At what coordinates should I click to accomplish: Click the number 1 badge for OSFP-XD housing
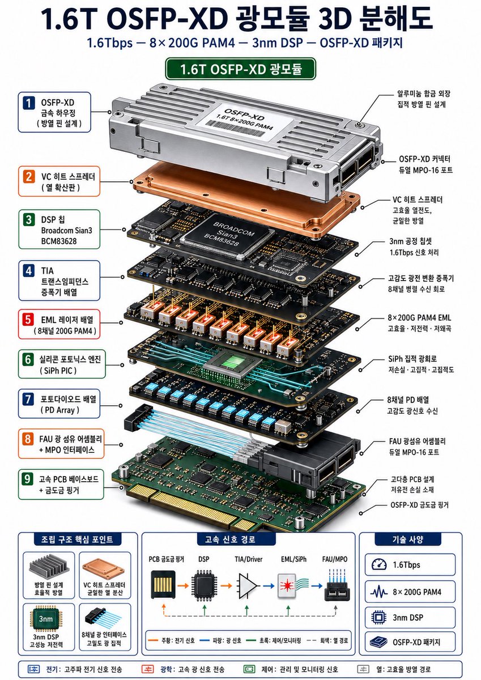29,103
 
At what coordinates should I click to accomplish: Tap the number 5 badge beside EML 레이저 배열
28,320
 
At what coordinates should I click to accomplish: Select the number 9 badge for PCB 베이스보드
28,479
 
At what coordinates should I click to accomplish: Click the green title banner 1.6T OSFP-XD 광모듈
241,69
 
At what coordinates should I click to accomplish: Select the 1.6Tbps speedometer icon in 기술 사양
379,564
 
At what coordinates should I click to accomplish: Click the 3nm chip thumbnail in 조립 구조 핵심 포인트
46,618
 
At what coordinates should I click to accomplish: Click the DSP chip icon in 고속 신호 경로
204,585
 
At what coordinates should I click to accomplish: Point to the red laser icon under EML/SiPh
287,585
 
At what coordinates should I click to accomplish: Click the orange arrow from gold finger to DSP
183,585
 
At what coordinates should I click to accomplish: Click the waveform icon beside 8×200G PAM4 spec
379,592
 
